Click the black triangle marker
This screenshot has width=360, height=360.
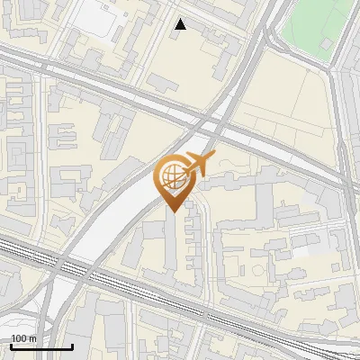click(x=181, y=24)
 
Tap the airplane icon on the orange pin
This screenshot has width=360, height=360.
click(x=200, y=164)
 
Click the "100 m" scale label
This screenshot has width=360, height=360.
click(x=23, y=338)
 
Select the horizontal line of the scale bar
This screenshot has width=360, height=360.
click(x=41, y=346)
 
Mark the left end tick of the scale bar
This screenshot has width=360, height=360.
click(x=11, y=345)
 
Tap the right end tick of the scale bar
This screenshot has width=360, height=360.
click(x=73, y=345)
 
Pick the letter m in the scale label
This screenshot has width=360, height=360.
click(x=32, y=338)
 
